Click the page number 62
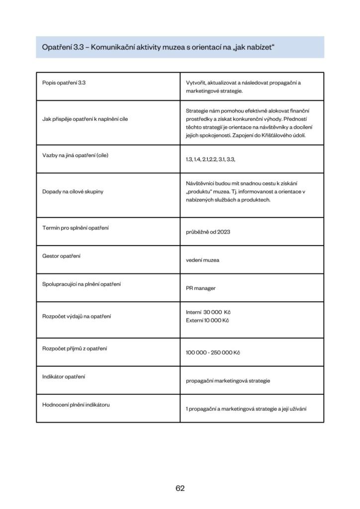point(180,488)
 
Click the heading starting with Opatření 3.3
point(159,47)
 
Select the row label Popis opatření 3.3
point(64,83)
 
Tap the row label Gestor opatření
point(62,256)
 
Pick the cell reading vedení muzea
point(202,260)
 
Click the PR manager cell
point(201,288)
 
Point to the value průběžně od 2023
point(208,232)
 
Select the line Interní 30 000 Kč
point(208,312)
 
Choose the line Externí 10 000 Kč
point(207,320)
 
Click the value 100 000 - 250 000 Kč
point(213,352)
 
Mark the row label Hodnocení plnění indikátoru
point(76,405)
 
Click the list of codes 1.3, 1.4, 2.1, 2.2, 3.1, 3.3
point(210,159)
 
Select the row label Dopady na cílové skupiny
point(73,191)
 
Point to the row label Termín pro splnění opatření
point(76,228)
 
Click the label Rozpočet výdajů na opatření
point(77,316)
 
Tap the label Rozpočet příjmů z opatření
point(75,348)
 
